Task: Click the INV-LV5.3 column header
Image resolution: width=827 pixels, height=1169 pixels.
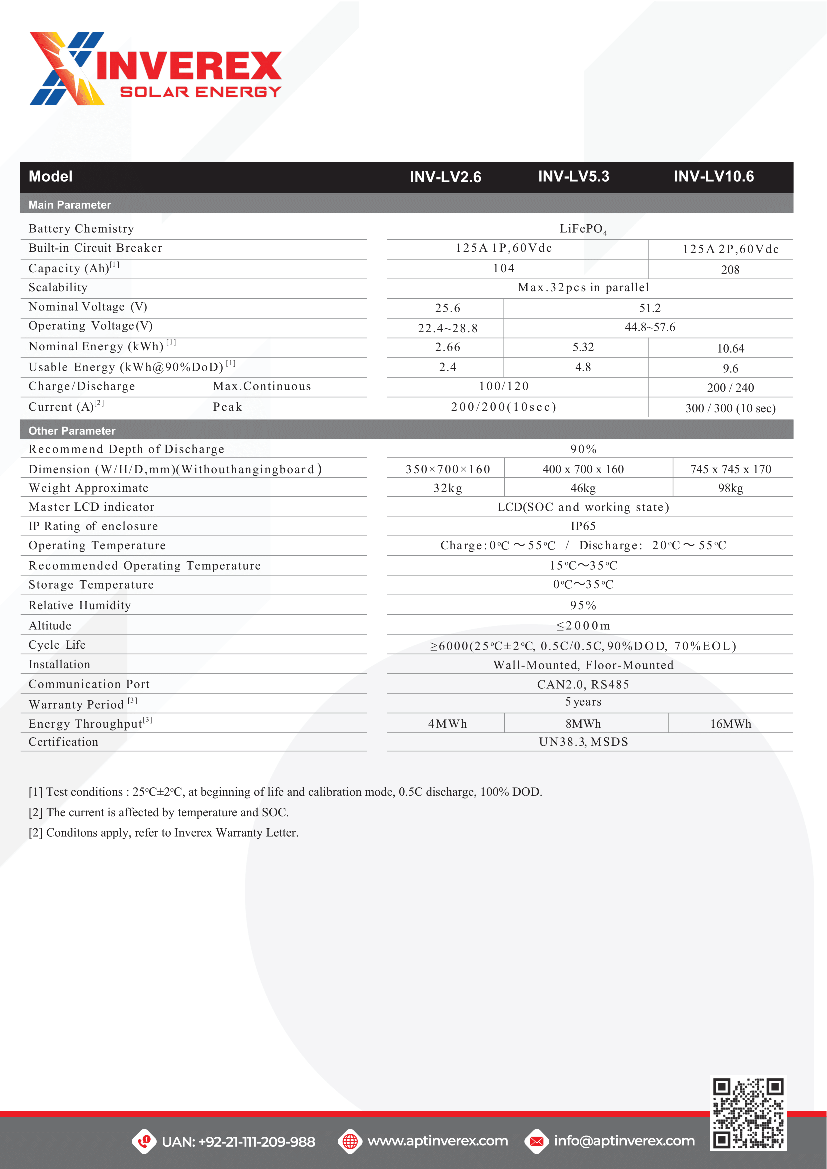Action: pyautogui.click(x=574, y=176)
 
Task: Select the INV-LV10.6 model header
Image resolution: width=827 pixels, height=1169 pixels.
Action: pyautogui.click(x=714, y=176)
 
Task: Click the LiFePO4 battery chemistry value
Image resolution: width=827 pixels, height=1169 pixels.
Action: pyautogui.click(x=583, y=229)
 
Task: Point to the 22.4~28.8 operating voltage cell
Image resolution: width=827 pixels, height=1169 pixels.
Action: pyautogui.click(x=447, y=328)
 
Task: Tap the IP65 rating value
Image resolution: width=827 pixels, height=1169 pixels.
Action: pyautogui.click(x=583, y=526)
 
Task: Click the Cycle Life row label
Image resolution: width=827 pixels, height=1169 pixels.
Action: pyautogui.click(x=57, y=645)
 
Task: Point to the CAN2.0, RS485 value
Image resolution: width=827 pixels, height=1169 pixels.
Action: pyautogui.click(x=583, y=684)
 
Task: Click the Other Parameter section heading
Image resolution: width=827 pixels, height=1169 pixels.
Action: pyautogui.click(x=72, y=431)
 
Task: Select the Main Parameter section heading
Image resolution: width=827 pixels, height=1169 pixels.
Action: pyautogui.click(x=70, y=205)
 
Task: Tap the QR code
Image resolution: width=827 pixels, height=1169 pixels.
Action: pyautogui.click(x=748, y=1113)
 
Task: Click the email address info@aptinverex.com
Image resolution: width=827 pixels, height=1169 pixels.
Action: pyautogui.click(x=624, y=1141)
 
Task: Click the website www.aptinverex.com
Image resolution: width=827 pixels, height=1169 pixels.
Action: pyautogui.click(x=437, y=1141)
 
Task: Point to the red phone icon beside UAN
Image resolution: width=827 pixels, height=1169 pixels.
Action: pyautogui.click(x=144, y=1141)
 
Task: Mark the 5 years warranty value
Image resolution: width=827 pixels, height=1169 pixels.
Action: pyautogui.click(x=583, y=702)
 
